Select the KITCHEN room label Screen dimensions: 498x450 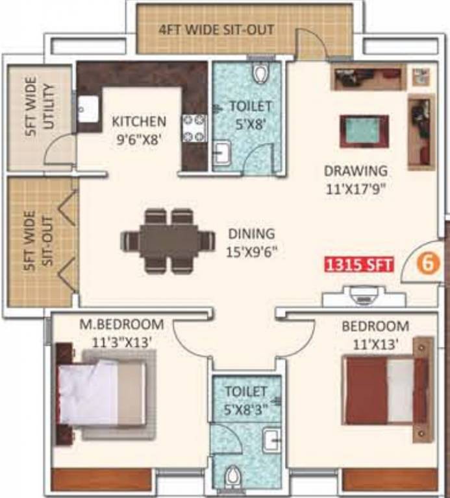pyautogui.click(x=139, y=121)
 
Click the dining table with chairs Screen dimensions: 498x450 pyautogui.click(x=168, y=241)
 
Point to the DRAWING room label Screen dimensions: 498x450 pyautogui.click(x=356, y=171)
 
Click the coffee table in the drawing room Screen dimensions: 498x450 pyautogui.click(x=364, y=132)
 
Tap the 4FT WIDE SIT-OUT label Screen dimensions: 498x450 pyautogui.click(x=217, y=30)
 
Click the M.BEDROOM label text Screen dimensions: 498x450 pyautogui.click(x=121, y=324)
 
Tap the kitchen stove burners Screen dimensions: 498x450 pyautogui.click(x=194, y=128)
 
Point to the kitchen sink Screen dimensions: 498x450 pyautogui.click(x=88, y=108)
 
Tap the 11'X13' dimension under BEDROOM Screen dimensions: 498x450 pyautogui.click(x=375, y=343)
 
